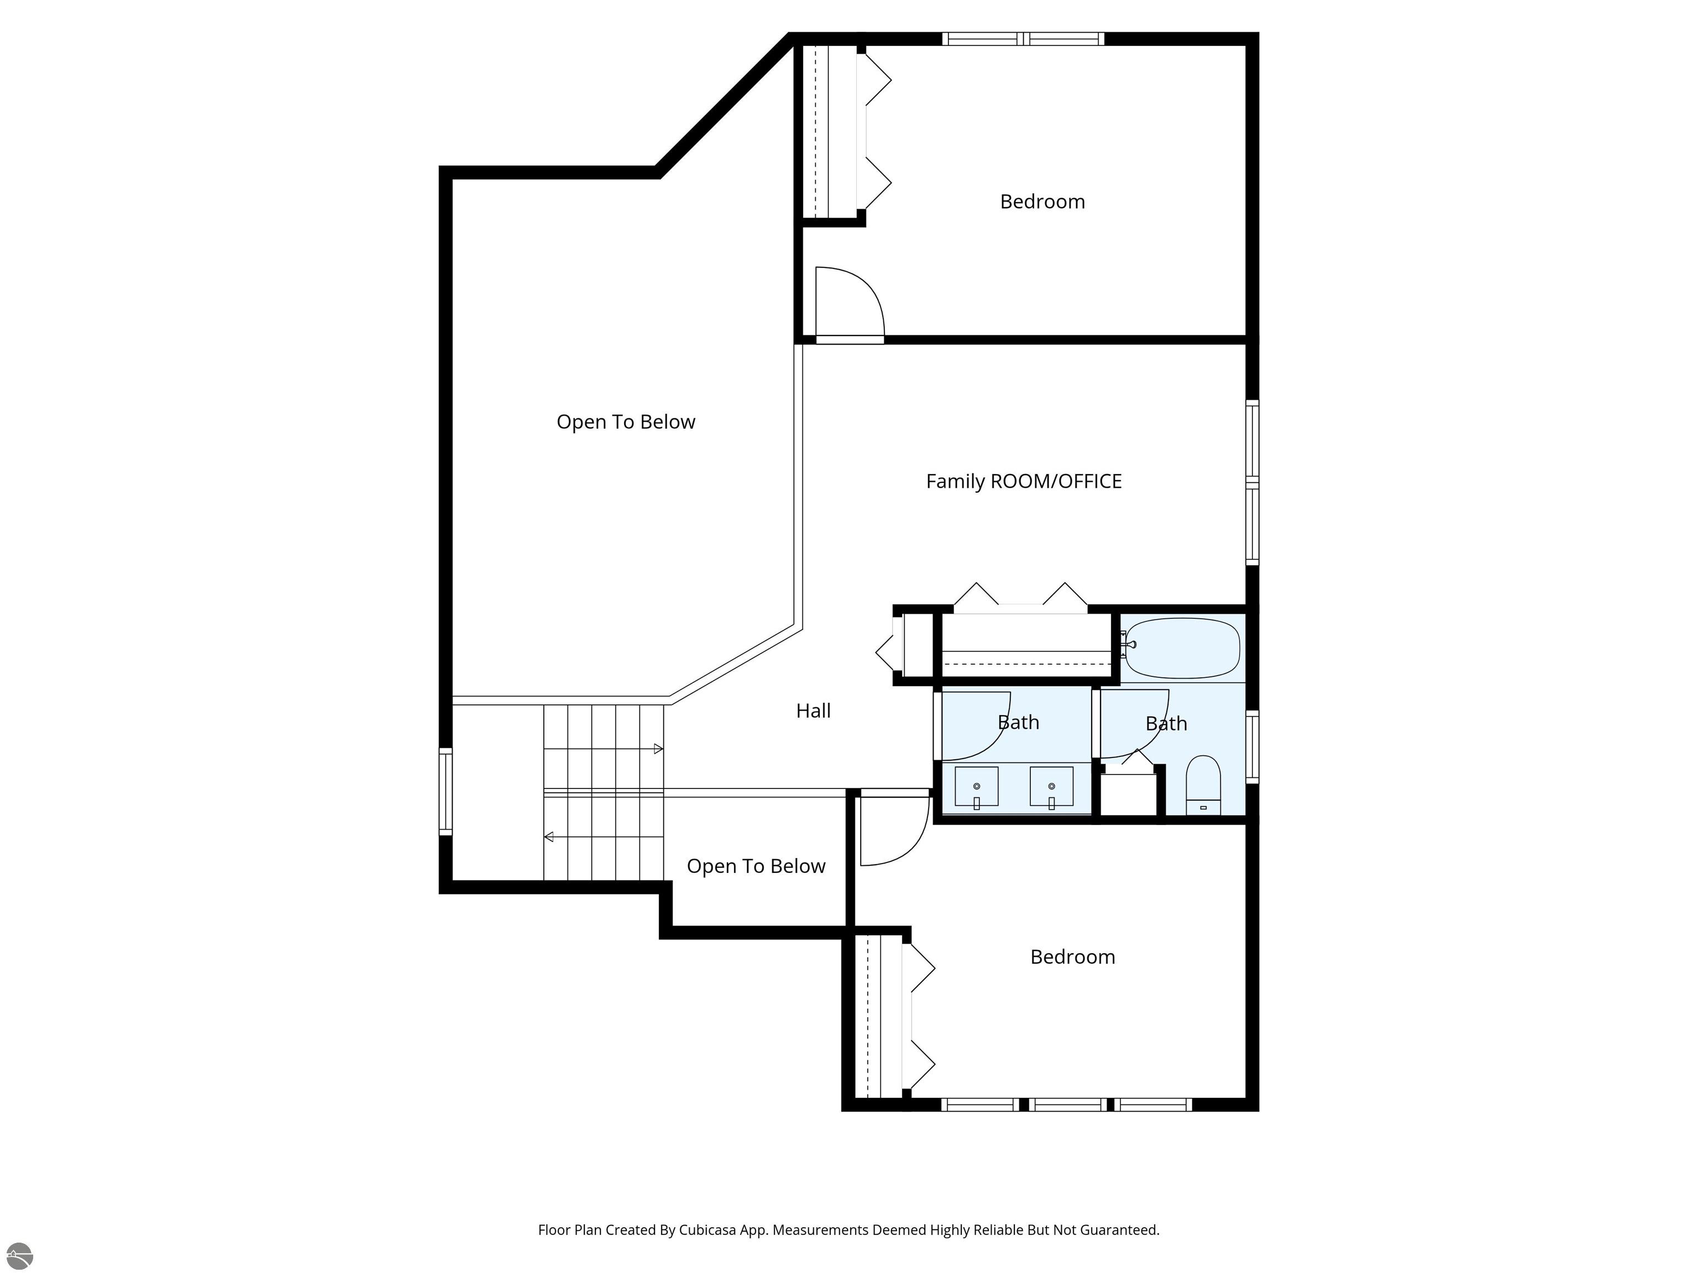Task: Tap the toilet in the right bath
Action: [1203, 784]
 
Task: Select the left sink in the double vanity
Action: [977, 787]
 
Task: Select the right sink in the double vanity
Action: [1051, 787]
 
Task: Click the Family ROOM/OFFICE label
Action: [1023, 481]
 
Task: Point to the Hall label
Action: [813, 711]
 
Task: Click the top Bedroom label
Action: [1042, 202]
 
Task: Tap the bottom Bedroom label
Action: [1072, 957]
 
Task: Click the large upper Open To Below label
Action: [626, 422]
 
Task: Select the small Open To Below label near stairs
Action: [756, 866]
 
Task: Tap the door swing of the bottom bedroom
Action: [893, 832]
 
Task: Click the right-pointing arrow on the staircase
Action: [658, 749]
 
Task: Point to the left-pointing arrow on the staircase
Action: [549, 837]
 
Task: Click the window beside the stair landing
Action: [445, 790]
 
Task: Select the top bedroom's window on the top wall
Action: [1023, 38]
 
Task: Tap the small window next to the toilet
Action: [1252, 746]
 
